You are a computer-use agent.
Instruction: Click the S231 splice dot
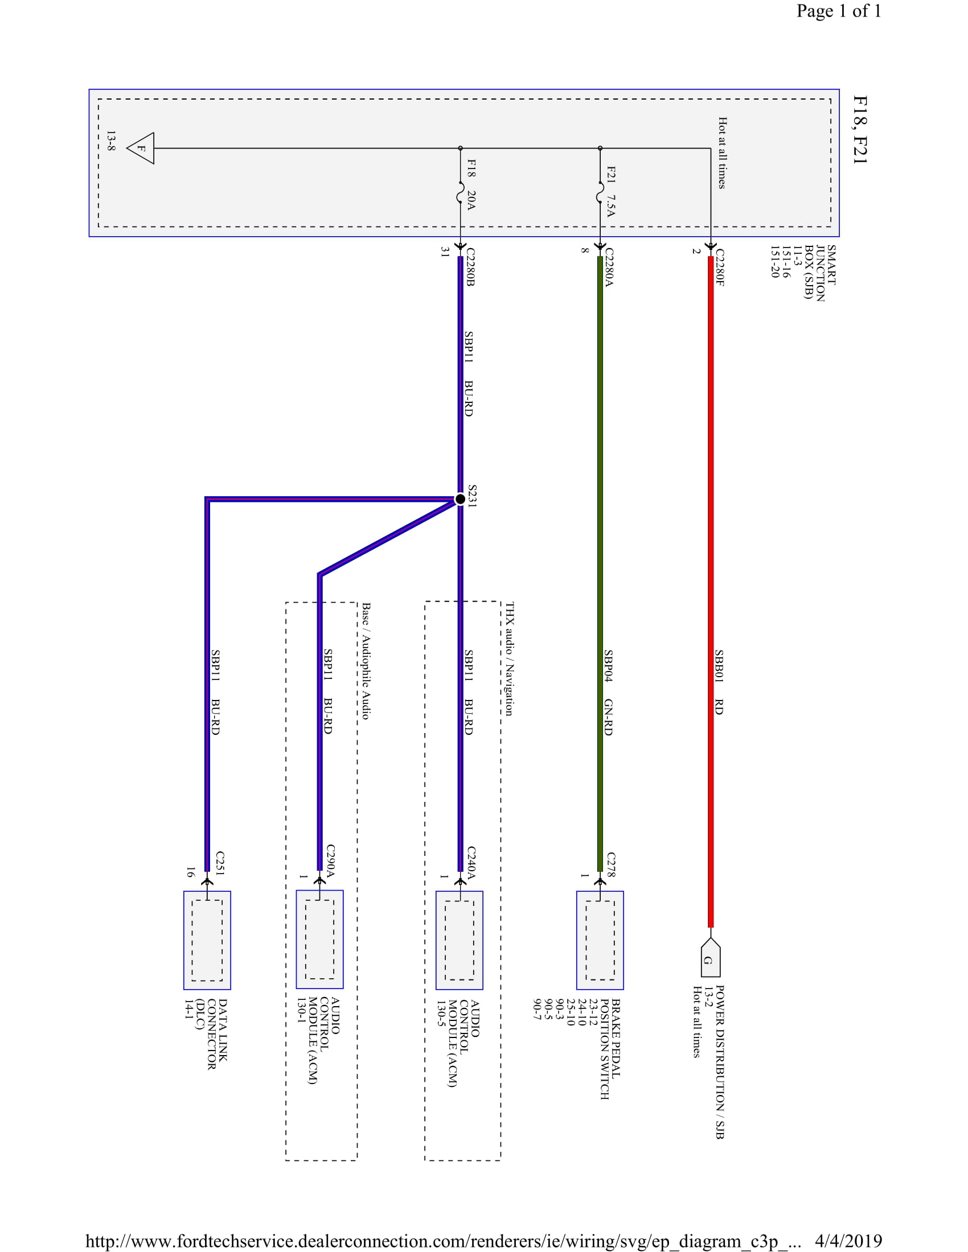tap(460, 499)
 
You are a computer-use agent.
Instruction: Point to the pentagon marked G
tap(711, 958)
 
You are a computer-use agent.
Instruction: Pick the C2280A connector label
tap(609, 267)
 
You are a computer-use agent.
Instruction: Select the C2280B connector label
tap(470, 267)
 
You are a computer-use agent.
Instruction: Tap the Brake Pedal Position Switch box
tap(600, 940)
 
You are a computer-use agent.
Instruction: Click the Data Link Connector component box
tap(207, 940)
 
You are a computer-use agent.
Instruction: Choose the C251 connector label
tap(220, 863)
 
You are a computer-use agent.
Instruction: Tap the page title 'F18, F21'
tap(860, 130)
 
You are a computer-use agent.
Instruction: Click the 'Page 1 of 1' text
tap(838, 11)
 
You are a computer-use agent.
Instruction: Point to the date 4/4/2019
tap(848, 1241)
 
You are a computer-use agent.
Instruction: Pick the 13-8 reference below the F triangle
tap(110, 141)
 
